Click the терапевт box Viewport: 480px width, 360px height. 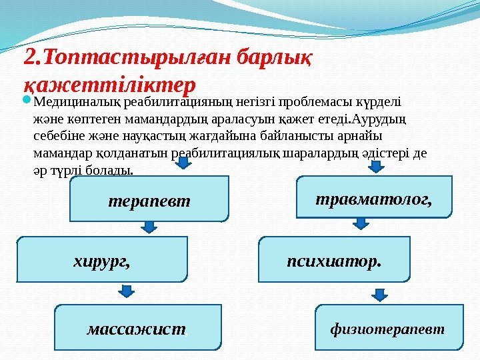[149, 199]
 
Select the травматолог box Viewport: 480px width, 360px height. [373, 197]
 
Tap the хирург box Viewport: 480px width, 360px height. [102, 259]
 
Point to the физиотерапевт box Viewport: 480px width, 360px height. [389, 328]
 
